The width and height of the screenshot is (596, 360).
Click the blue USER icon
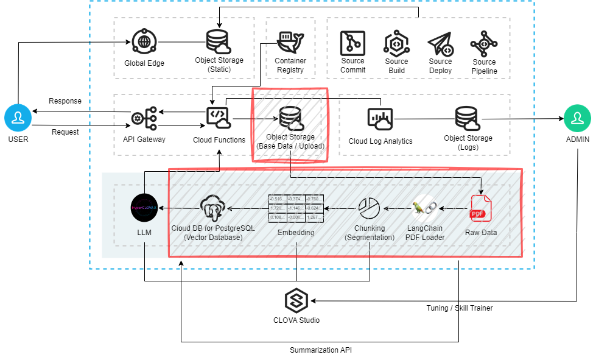(18, 118)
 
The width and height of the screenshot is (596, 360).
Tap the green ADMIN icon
(577, 118)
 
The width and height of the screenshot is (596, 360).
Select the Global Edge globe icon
(144, 43)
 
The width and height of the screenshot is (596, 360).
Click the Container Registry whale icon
(290, 42)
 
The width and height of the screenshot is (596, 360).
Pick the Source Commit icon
(352, 43)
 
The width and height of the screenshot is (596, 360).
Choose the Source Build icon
(396, 43)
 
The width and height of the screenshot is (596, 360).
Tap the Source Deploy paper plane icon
(440, 43)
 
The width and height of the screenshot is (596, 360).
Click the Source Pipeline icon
(484, 43)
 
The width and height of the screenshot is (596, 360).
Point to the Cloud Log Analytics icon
(380, 119)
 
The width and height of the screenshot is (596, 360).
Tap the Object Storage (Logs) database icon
(468, 118)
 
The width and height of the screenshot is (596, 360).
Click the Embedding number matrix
(296, 208)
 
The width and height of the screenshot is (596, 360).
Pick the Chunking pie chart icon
(368, 208)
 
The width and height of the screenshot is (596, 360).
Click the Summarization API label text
(320, 350)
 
